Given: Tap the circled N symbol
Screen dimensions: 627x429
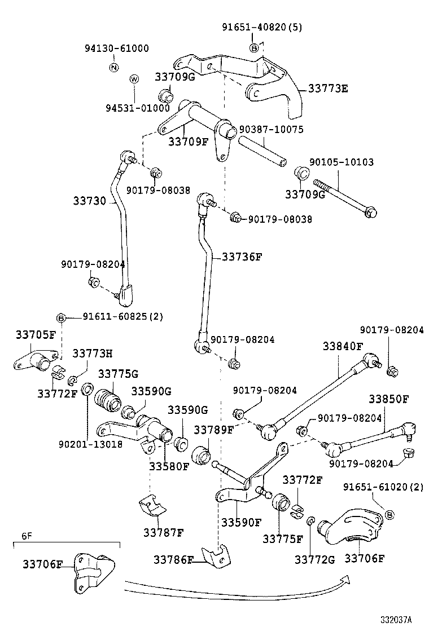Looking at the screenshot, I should point(113,68).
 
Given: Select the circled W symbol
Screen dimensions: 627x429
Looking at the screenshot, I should point(134,80).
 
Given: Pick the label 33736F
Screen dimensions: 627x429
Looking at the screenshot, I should point(243,257).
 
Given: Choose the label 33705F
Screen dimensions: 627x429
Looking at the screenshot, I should point(35,334).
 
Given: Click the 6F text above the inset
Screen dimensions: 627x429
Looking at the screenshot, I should point(27,537).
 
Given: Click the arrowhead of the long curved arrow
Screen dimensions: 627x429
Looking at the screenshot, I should point(345,580).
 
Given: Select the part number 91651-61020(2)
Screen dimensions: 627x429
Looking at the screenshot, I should point(384,487).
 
